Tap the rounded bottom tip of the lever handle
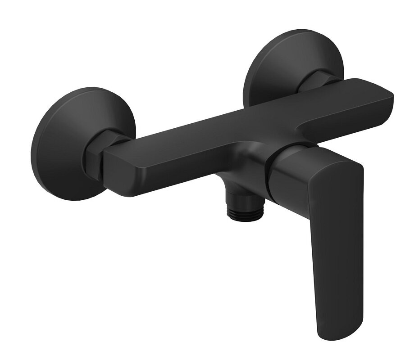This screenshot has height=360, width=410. tap(333, 333)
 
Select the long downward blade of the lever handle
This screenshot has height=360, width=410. tap(336, 252)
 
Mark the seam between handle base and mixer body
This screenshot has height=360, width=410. tap(270, 173)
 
